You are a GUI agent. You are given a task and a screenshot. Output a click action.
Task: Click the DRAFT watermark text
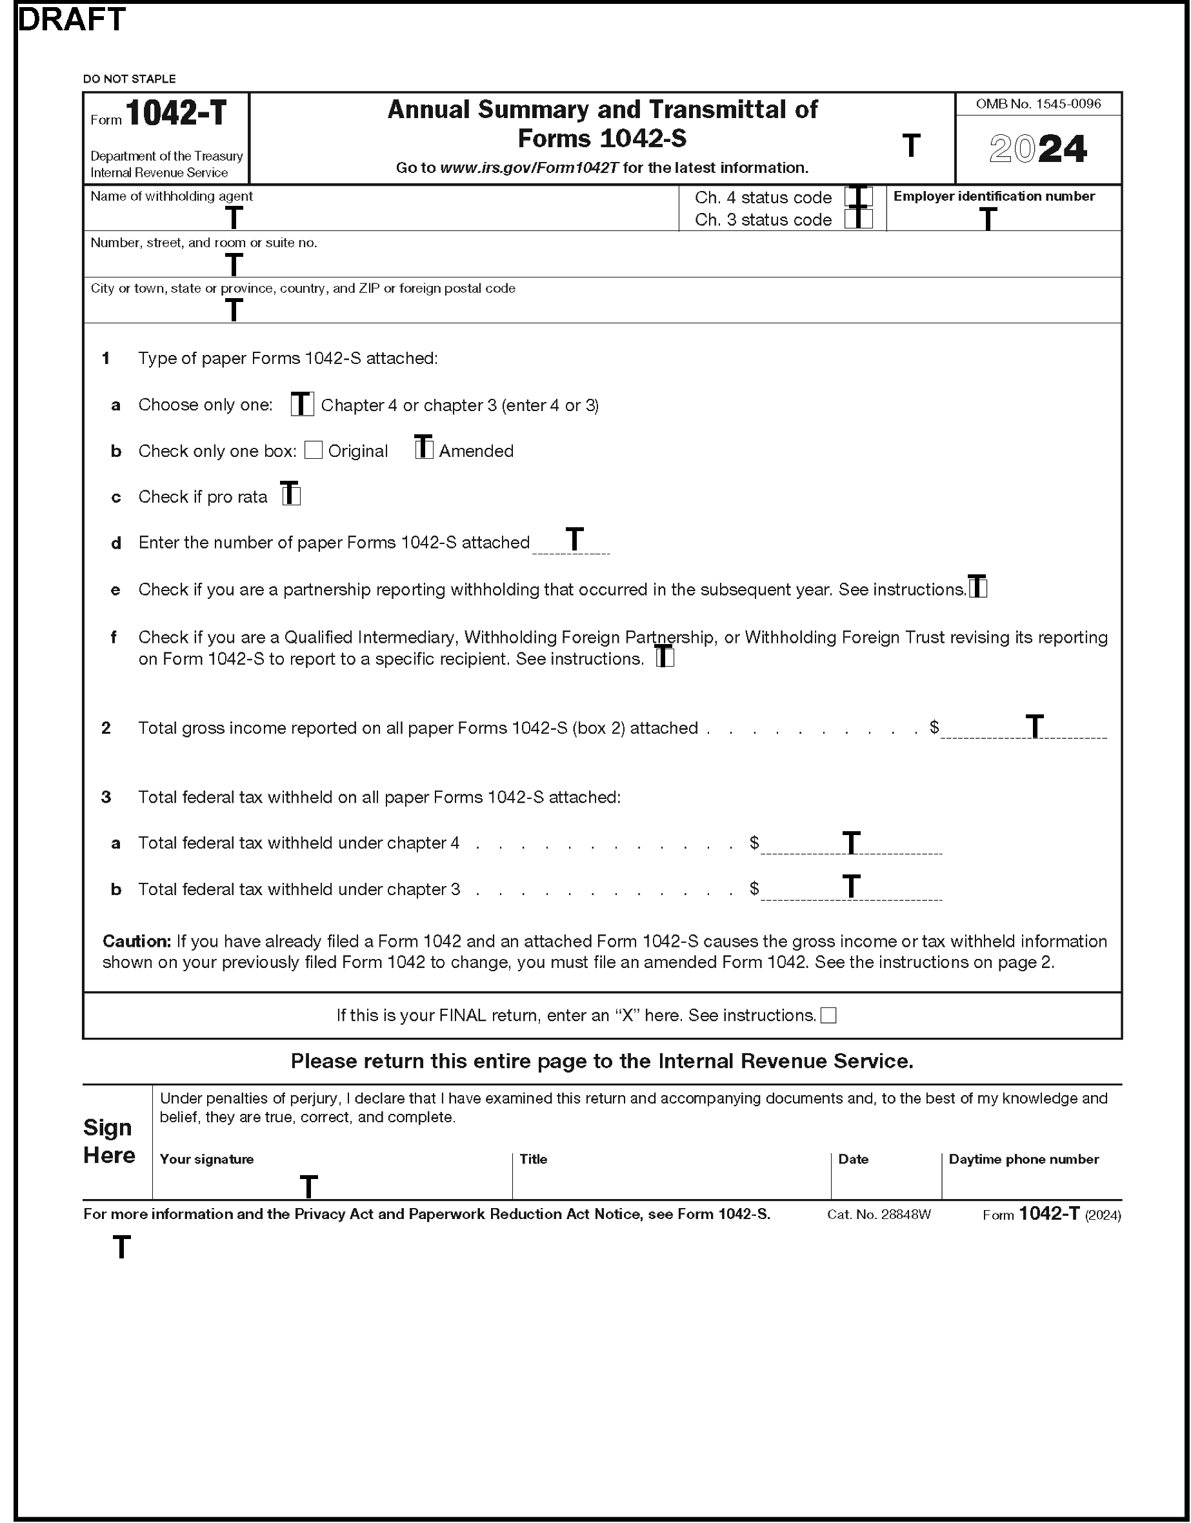tap(71, 19)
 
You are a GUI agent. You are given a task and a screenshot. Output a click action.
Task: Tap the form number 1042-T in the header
tap(175, 113)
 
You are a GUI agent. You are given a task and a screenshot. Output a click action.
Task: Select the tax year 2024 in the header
tap(1037, 149)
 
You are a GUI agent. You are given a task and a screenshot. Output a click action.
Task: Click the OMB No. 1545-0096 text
tap(1037, 104)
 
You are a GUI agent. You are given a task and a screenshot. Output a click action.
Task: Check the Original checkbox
tap(314, 450)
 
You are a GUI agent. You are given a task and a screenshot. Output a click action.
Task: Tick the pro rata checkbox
tap(291, 495)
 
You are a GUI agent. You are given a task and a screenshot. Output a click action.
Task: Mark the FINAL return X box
tap(828, 1015)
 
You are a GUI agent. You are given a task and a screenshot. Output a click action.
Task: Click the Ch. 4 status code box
tap(858, 197)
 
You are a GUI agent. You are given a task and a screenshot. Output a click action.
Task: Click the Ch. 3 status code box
tap(858, 219)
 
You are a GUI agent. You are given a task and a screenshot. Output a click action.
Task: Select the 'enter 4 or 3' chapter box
tap(302, 405)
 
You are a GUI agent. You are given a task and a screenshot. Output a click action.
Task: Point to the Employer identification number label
tap(994, 197)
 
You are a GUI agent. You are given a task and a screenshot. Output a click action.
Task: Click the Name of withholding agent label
tap(172, 197)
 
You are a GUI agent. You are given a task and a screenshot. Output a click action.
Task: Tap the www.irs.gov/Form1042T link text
tap(528, 168)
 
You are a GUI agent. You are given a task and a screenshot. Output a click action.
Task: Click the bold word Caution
tap(137, 942)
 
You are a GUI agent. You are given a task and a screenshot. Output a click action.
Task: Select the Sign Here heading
tap(109, 1141)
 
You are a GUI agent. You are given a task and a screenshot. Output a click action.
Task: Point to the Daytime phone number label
tap(1024, 1159)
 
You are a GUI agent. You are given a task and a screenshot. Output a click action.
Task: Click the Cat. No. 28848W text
tap(879, 1215)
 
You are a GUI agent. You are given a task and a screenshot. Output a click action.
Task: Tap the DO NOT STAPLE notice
tap(129, 79)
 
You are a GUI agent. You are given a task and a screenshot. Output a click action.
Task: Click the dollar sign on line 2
tap(934, 727)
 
